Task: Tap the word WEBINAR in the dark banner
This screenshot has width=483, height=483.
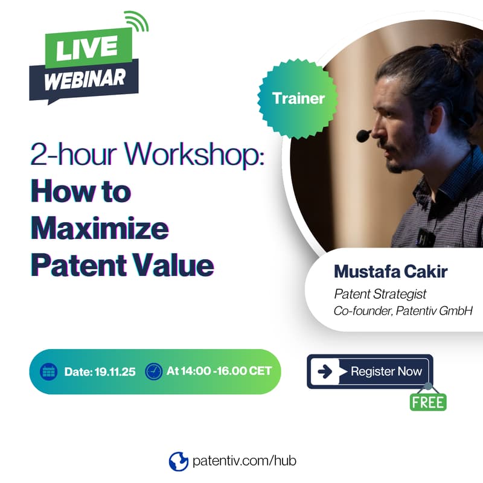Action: (84, 79)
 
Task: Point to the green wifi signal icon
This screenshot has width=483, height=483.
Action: (138, 23)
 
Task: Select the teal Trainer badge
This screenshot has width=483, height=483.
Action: (298, 98)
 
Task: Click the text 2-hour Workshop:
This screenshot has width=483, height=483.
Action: (147, 156)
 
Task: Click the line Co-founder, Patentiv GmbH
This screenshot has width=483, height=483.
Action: (403, 311)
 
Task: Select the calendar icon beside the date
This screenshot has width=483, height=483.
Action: (48, 371)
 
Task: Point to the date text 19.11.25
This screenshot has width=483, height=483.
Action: (114, 371)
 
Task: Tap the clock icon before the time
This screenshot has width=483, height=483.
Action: (154, 371)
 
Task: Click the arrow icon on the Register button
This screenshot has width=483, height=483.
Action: (325, 371)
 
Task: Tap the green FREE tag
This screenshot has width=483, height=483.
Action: (428, 401)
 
